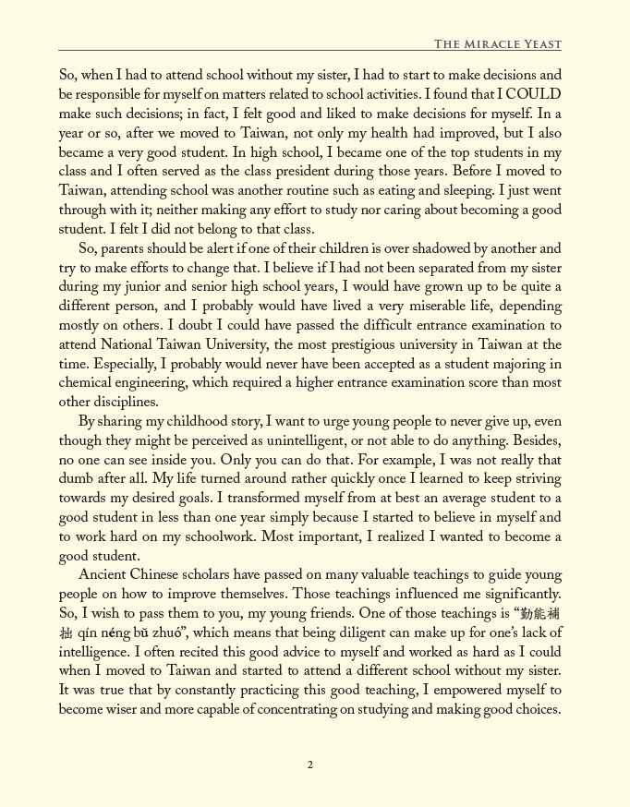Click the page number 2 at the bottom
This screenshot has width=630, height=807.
(x=310, y=765)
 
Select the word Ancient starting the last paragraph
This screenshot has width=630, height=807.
(x=103, y=576)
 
